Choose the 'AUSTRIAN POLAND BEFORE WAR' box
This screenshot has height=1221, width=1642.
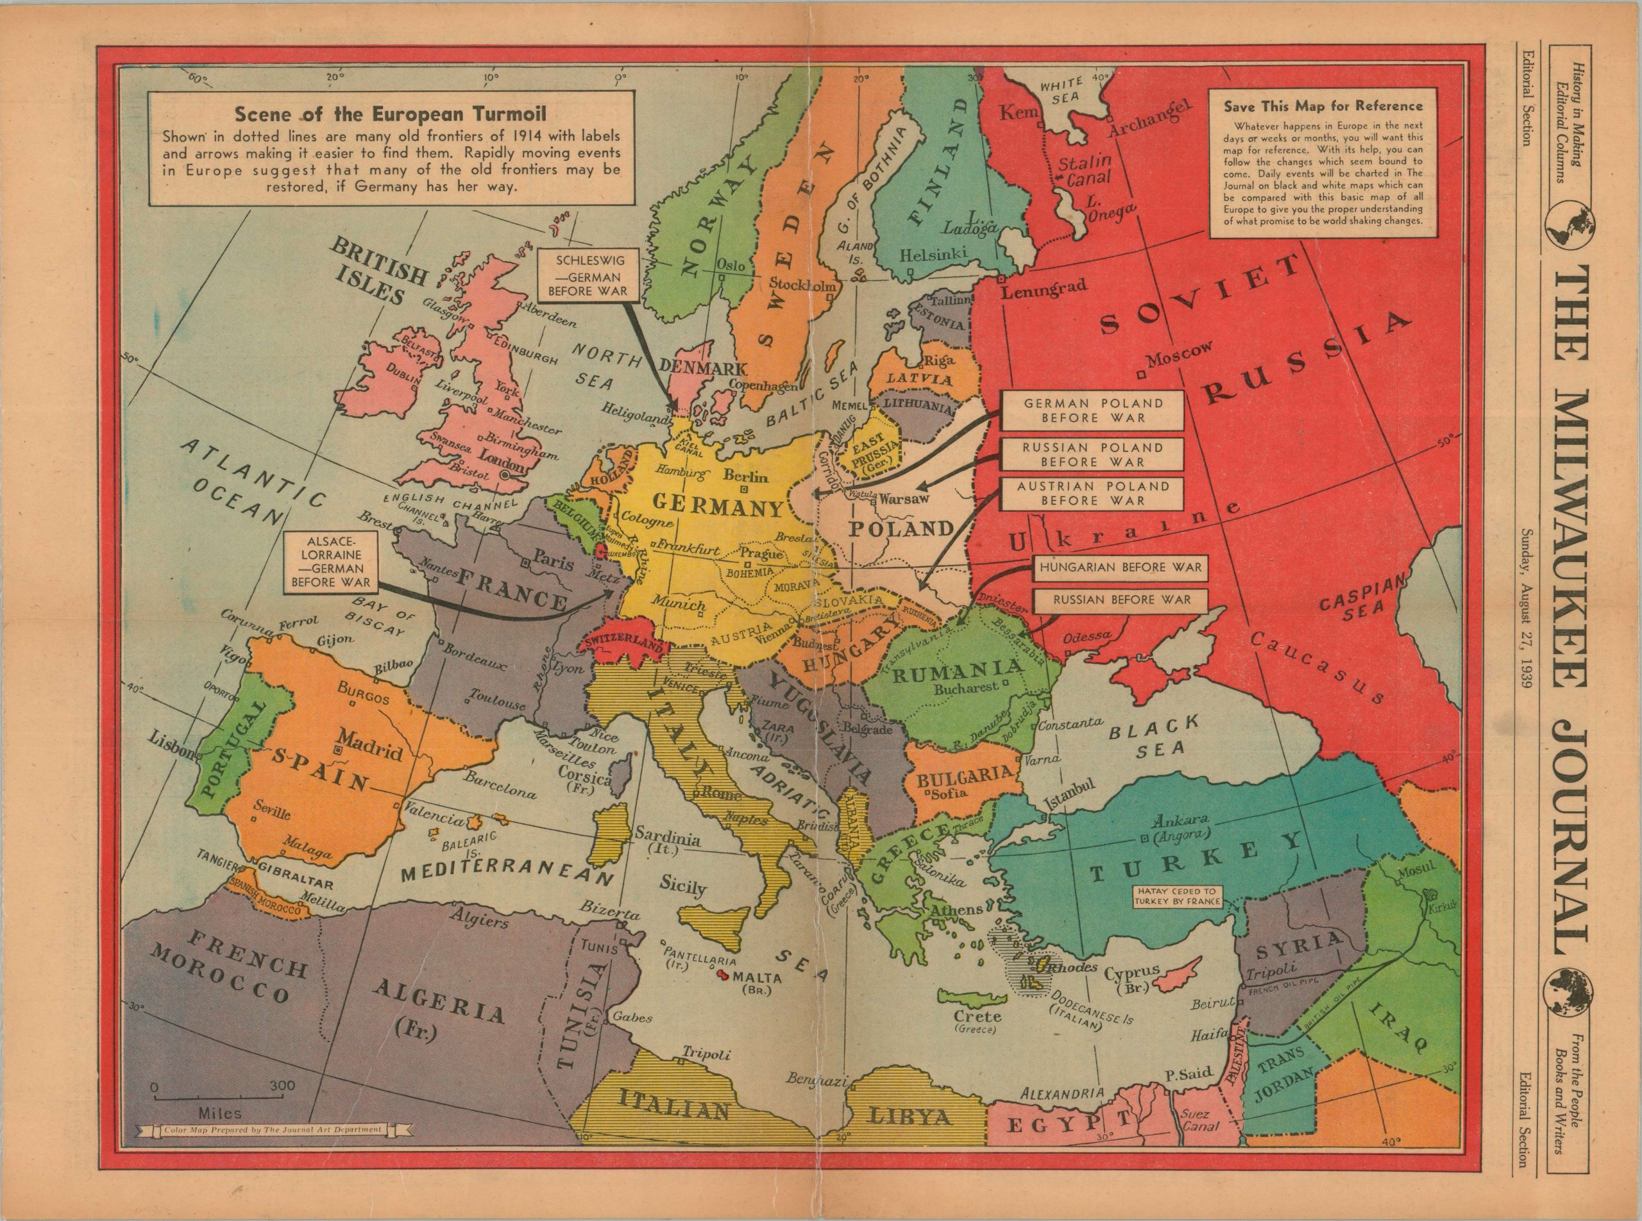click(x=1092, y=493)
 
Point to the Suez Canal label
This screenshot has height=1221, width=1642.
click(x=1196, y=1120)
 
